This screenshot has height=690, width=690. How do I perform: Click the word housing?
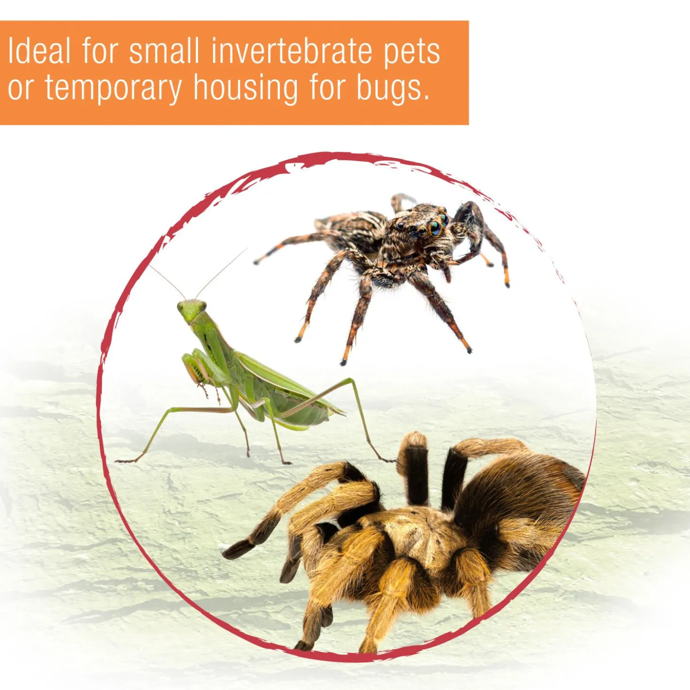(245, 88)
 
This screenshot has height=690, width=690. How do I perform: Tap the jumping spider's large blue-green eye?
(435, 228)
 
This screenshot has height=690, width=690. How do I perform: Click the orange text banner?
(234, 73)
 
